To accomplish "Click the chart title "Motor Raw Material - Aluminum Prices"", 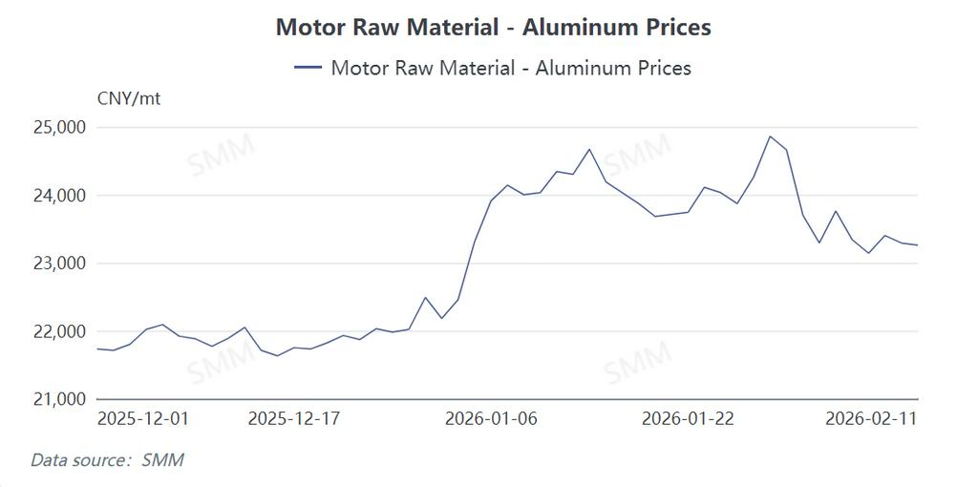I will coord(493,27).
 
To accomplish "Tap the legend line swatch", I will coord(308,68).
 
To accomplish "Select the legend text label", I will coord(510,68).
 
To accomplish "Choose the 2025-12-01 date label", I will coord(143,418).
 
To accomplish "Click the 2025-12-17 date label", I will coord(294,418).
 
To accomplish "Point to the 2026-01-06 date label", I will coord(491,418).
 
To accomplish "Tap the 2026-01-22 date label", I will coord(688,418).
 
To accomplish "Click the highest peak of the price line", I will coord(770,136).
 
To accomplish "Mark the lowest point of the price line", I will coord(278,356).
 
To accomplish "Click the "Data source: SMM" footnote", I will coord(107,460).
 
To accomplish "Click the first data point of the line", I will coord(97,349).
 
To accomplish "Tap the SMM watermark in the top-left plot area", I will coord(221,156).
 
